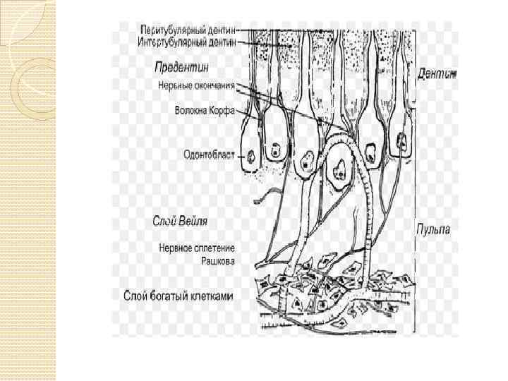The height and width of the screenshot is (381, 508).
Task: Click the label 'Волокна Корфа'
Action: (205, 110)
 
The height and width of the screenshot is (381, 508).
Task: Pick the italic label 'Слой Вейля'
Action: (181, 221)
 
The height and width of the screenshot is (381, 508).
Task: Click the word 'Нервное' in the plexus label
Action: (174, 248)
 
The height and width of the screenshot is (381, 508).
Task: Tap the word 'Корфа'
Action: (223, 110)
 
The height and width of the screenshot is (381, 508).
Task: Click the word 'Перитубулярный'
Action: (168, 31)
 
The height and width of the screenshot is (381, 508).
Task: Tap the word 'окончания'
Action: (214, 88)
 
